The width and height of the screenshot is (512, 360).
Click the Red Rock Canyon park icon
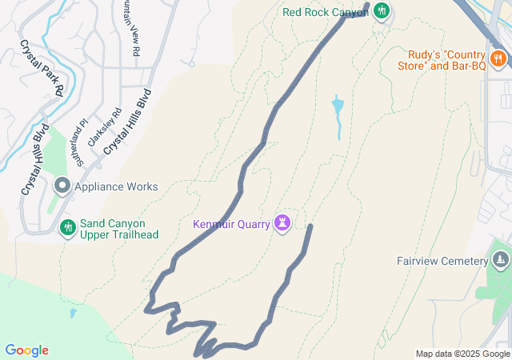tap(382, 11)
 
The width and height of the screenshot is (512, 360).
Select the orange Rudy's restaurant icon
tap(498, 58)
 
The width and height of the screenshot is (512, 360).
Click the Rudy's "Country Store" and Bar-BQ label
tap(447, 60)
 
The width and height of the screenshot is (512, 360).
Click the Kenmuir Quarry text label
tap(231, 223)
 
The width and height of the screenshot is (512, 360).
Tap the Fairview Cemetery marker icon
tap(501, 260)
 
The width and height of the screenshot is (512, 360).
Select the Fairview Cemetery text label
tap(442, 261)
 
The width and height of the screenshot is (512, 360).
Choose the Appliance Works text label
tap(116, 186)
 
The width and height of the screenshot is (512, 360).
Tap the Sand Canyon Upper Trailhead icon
tap(68, 228)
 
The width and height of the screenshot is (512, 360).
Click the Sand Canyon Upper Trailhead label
tap(119, 228)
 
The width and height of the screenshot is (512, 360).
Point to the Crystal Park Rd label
tap(42, 69)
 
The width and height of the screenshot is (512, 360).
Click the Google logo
tap(26, 350)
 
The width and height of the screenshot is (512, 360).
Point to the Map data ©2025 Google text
tap(462, 354)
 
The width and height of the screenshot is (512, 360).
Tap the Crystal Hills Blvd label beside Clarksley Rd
tap(127, 122)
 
